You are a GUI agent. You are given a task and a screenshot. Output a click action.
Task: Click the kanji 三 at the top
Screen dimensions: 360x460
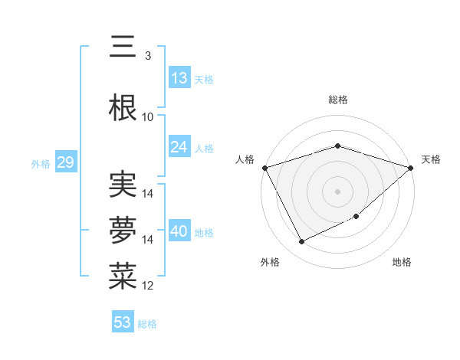click(123, 47)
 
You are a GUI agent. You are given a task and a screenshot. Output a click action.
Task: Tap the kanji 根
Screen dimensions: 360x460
click(123, 107)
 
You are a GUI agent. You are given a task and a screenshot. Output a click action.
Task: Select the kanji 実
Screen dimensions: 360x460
click(123, 185)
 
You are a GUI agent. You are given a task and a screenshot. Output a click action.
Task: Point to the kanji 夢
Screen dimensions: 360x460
click(123, 231)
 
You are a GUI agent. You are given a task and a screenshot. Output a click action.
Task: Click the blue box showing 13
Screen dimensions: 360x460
click(179, 78)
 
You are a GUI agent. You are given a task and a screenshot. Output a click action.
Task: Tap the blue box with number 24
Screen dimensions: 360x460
click(179, 147)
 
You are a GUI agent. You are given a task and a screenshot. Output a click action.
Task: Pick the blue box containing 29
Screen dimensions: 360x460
click(65, 162)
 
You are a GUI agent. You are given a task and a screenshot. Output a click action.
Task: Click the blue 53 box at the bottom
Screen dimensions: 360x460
click(123, 322)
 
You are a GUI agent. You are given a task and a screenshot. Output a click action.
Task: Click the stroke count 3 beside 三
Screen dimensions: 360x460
click(147, 56)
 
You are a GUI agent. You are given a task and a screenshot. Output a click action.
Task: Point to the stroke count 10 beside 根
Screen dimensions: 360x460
click(147, 117)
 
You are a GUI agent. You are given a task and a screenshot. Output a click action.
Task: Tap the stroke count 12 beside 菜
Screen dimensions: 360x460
click(148, 286)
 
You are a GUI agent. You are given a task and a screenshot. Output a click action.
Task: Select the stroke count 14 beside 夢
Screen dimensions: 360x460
click(148, 240)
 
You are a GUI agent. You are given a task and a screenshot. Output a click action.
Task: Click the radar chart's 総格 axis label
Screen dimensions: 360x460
click(337, 100)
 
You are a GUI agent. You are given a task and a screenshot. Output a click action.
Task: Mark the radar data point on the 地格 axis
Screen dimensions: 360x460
click(357, 218)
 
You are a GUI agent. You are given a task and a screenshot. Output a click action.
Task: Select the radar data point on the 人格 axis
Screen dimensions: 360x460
click(264, 168)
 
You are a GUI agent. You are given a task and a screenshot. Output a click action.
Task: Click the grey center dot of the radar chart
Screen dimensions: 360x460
click(337, 191)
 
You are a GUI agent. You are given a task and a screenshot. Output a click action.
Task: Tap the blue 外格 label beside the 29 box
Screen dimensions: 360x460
click(40, 163)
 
